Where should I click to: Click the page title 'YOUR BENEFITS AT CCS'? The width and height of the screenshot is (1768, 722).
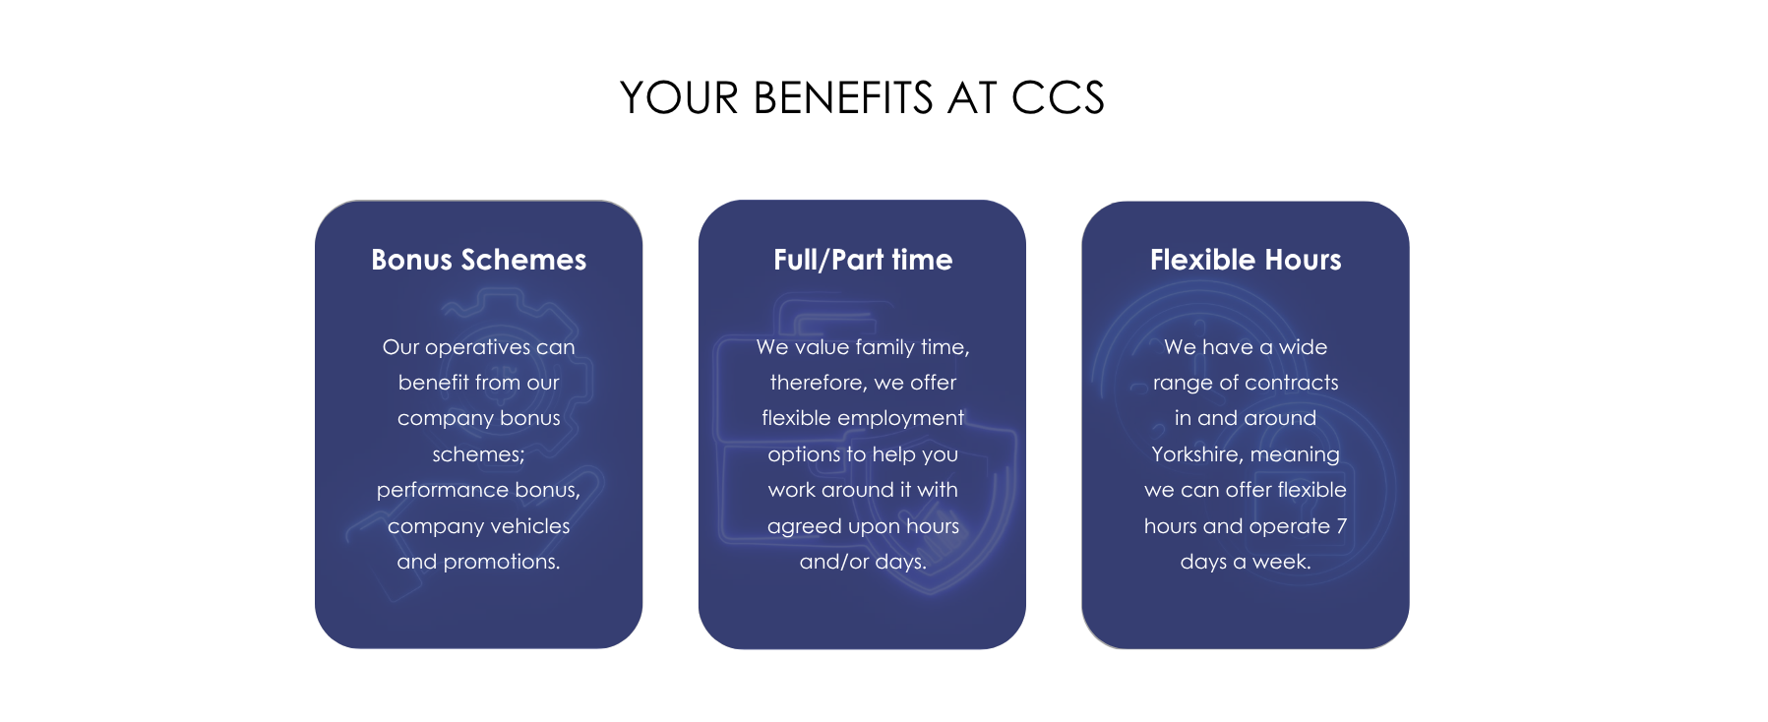[x=862, y=98]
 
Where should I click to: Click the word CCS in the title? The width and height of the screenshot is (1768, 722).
[x=1058, y=98]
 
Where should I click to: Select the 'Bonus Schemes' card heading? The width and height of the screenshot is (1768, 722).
[x=478, y=260]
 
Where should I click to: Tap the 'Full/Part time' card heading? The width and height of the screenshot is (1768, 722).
[x=863, y=260]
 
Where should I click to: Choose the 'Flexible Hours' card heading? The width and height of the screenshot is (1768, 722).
[x=1246, y=260]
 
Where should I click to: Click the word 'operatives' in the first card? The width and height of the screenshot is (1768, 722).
[x=477, y=347]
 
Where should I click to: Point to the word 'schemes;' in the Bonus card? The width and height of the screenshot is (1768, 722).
[x=478, y=454]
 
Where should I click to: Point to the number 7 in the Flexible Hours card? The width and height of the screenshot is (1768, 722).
[x=1341, y=526]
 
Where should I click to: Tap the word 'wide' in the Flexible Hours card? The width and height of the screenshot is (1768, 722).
[x=1304, y=347]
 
